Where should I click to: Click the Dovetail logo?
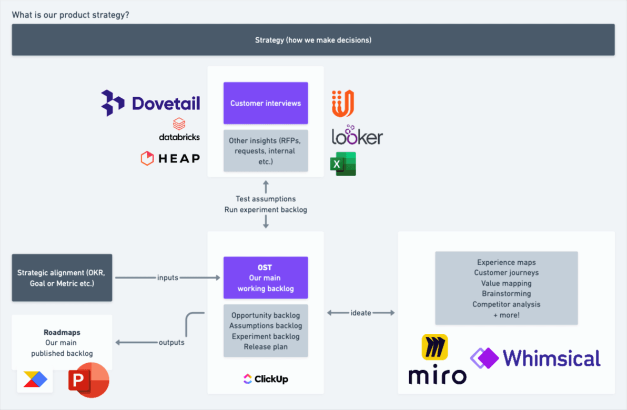click(x=151, y=102)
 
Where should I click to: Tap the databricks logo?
click(x=179, y=130)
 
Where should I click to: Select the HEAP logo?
click(x=170, y=158)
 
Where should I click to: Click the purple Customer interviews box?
click(x=266, y=103)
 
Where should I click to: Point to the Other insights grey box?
click(x=266, y=151)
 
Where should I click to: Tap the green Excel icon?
click(x=343, y=164)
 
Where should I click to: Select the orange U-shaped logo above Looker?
click(x=342, y=104)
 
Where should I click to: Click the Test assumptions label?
click(x=266, y=199)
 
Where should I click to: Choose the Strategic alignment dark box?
click(x=62, y=278)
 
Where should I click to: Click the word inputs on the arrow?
click(x=168, y=278)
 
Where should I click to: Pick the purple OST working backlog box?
click(x=266, y=278)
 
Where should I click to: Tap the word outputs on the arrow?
click(x=171, y=343)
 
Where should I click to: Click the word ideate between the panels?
click(x=361, y=313)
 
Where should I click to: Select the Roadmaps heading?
click(x=62, y=333)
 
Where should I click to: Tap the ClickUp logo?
click(x=266, y=379)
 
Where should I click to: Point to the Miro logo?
click(x=437, y=360)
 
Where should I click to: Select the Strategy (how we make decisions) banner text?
click(x=313, y=40)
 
